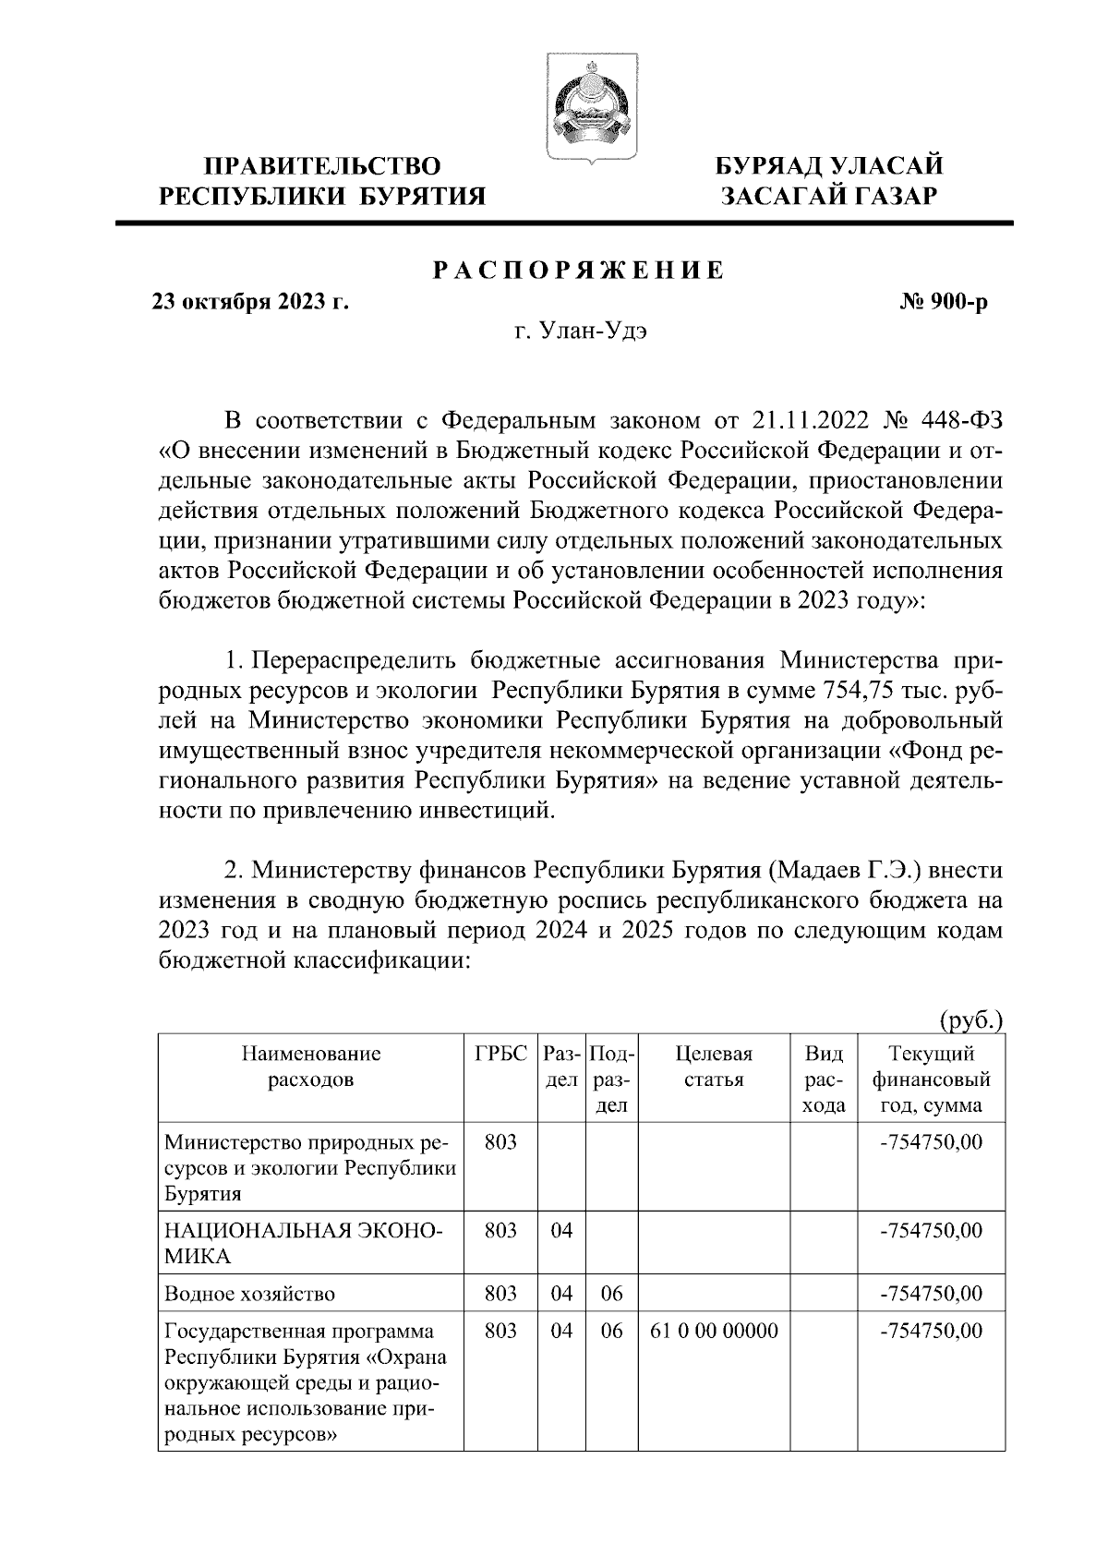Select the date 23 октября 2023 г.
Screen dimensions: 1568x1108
[250, 302]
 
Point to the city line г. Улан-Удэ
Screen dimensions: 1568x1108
[580, 332]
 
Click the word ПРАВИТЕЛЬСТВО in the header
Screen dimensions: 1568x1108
[322, 167]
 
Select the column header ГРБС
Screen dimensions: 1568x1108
[500, 1054]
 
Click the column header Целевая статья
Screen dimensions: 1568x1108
[714, 1067]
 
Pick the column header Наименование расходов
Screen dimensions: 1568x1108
[311, 1067]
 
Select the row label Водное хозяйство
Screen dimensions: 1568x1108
[249, 1294]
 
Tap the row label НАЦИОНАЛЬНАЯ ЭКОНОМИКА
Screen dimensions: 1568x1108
[303, 1243]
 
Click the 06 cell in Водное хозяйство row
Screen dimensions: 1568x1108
[612, 1294]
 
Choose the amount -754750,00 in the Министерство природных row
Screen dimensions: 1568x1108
[932, 1141]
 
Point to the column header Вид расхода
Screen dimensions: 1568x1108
[825, 1080]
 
